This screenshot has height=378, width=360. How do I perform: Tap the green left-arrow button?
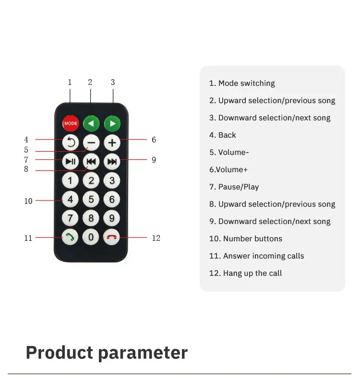coord(91,124)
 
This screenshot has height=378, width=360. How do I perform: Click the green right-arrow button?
coord(112,124)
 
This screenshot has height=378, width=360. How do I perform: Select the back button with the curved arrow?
coord(71,142)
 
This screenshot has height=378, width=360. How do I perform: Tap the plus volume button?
coord(112,143)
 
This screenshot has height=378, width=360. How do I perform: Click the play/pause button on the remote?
coord(71,162)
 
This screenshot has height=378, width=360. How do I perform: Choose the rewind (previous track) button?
coord(91,162)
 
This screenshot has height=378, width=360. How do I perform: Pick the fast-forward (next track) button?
coord(112,162)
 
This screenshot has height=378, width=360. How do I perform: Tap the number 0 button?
coord(91,237)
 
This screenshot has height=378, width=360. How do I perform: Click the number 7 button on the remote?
coord(70,218)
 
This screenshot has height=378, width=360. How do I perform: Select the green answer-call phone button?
coord(70,237)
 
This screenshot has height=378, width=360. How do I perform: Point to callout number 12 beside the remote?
coord(156,238)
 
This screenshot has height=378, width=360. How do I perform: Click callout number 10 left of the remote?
coord(28,201)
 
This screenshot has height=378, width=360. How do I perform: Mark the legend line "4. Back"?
coord(222,135)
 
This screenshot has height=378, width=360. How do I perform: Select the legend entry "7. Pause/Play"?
coord(234,187)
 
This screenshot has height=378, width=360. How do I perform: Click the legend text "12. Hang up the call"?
coord(245,273)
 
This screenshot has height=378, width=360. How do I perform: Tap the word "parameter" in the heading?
coord(143,353)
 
